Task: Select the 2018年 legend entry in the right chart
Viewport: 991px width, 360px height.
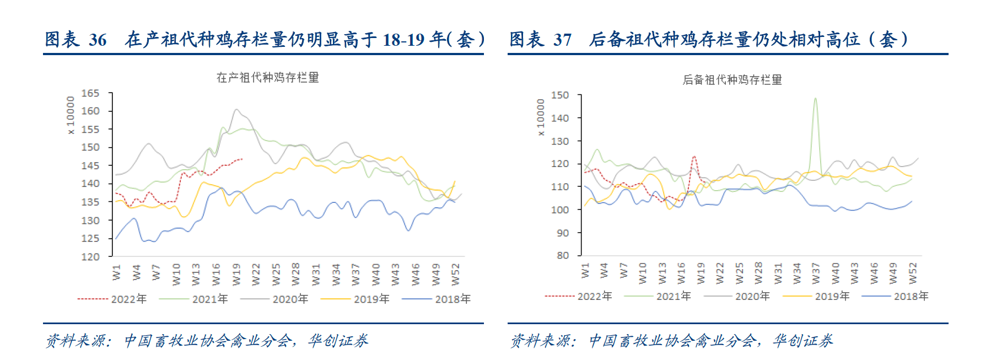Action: click(911, 296)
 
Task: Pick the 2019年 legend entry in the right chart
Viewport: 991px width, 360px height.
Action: click(832, 296)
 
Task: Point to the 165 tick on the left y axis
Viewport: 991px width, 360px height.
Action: click(90, 93)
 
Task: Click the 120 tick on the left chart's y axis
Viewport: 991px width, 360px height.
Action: click(90, 256)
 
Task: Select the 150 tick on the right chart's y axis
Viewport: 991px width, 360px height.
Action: click(560, 95)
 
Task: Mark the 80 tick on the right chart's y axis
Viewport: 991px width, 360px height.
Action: click(563, 255)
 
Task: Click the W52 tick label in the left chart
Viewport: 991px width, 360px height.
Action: click(455, 274)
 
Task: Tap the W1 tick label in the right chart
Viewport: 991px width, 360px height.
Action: click(585, 270)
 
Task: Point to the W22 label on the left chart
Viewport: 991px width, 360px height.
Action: click(256, 274)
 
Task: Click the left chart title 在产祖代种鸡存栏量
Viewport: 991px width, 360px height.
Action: click(268, 77)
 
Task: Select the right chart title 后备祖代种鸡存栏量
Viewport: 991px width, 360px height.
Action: click(732, 80)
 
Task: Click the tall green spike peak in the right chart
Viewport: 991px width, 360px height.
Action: click(815, 99)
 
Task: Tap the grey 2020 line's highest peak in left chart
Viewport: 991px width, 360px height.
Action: click(236, 109)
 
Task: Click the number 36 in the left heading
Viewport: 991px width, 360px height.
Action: click(98, 40)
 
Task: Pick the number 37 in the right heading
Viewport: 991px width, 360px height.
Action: click(562, 40)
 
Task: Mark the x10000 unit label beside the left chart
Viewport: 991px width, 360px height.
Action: click(70, 115)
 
